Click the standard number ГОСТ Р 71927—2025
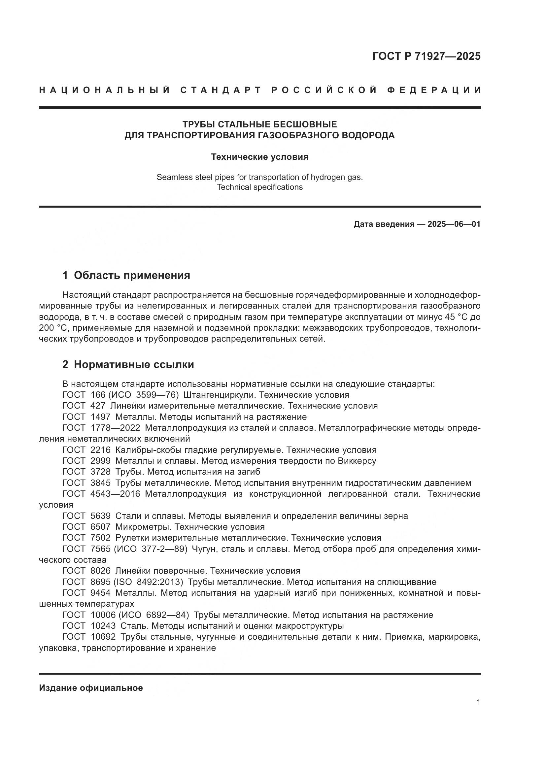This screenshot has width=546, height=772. pos(426,56)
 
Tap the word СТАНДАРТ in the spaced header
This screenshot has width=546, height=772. pos(221,90)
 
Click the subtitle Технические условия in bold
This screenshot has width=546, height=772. pos(259,157)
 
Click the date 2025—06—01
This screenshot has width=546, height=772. pos(454,224)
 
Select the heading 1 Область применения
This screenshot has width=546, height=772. pos(126,275)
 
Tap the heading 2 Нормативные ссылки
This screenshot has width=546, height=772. pos(128,364)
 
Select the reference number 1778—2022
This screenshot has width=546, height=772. pos(115,428)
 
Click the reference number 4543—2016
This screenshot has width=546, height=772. pos(115,494)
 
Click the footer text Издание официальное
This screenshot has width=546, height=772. pos(91,688)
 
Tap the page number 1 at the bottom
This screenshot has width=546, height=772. pos(478,702)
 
